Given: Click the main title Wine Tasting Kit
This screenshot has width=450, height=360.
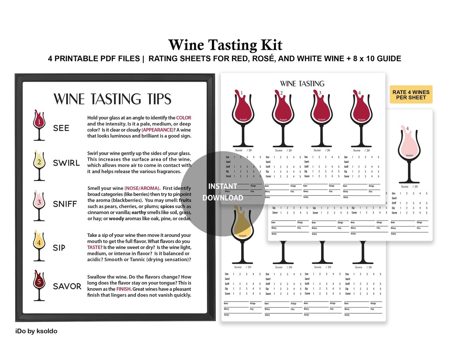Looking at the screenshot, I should click(x=225, y=45).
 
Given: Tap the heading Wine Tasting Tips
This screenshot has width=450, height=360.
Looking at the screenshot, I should click(x=112, y=99).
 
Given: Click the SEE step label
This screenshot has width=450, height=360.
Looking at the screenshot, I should click(x=61, y=128).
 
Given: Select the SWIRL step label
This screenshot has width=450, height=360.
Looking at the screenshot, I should click(x=66, y=163).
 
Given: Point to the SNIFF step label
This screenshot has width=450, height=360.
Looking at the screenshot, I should click(x=65, y=204).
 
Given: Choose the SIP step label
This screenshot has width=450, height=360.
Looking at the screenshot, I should click(x=59, y=247).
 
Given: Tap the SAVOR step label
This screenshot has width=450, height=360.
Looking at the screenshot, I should click(x=67, y=286).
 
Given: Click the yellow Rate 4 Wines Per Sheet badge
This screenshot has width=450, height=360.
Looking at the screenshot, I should click(x=411, y=95).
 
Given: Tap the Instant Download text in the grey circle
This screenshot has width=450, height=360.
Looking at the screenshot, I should click(x=223, y=192).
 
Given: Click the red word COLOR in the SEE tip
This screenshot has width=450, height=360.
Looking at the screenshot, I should click(x=184, y=118).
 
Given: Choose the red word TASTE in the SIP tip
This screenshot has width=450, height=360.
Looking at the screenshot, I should click(x=94, y=247).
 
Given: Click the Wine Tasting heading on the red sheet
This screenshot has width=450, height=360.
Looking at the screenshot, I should click(x=302, y=84).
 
